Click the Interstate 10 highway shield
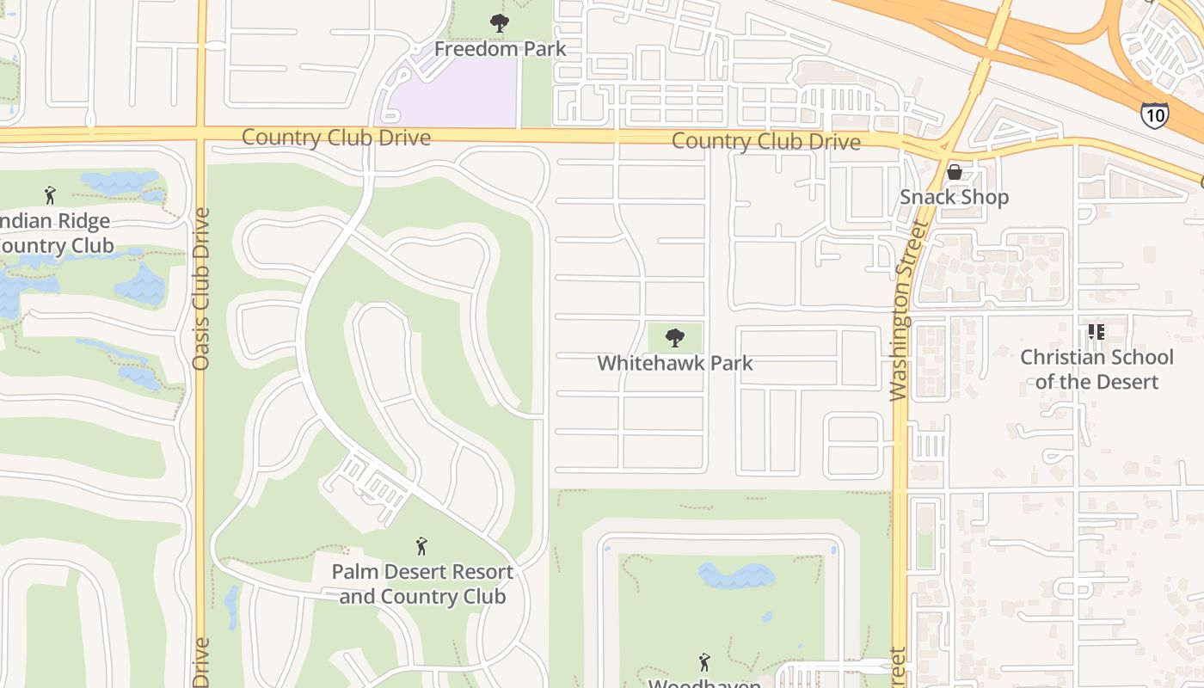click(x=1155, y=114)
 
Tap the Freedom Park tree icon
click(x=499, y=23)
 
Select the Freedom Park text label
click(x=500, y=48)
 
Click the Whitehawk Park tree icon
click(x=675, y=337)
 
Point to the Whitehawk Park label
click(x=675, y=363)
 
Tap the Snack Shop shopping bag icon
click(x=954, y=172)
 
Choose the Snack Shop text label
click(x=954, y=197)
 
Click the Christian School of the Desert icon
click(x=1096, y=331)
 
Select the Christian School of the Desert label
click(x=1096, y=369)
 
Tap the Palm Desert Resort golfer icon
click(x=421, y=546)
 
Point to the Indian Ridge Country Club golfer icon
click(x=50, y=195)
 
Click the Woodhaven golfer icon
click(x=704, y=662)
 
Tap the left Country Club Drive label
click(x=335, y=138)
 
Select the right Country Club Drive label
click(x=765, y=141)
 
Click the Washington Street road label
click(x=900, y=310)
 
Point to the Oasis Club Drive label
click(x=201, y=288)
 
